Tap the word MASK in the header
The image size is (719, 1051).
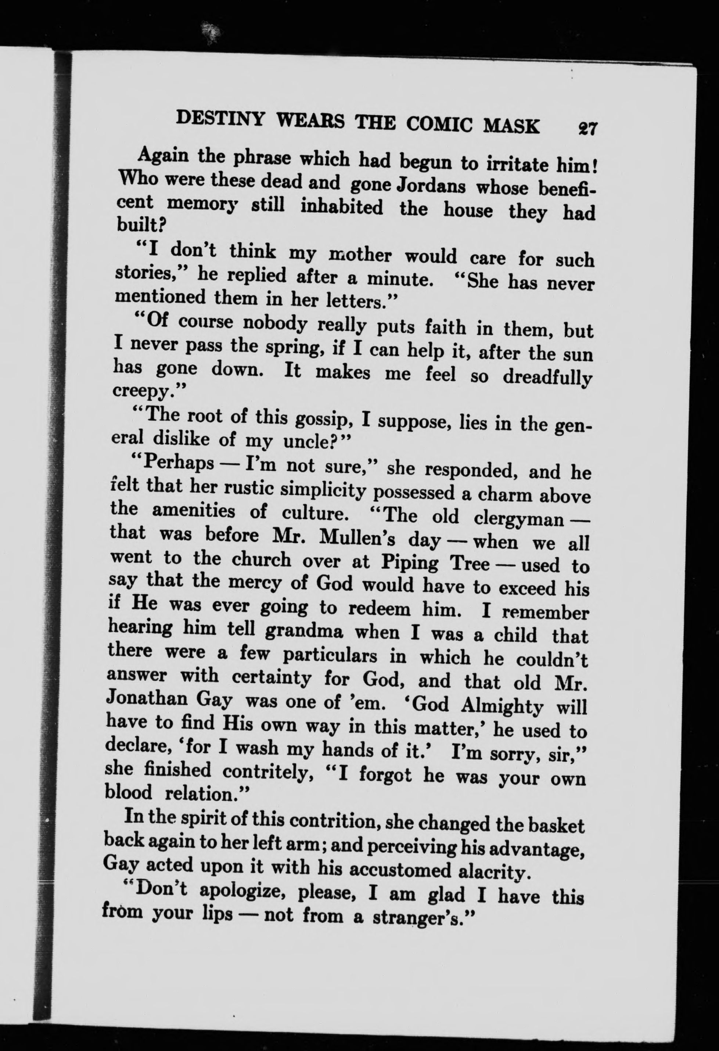pyautogui.click(x=511, y=126)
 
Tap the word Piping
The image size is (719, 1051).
pyautogui.click(x=409, y=562)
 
